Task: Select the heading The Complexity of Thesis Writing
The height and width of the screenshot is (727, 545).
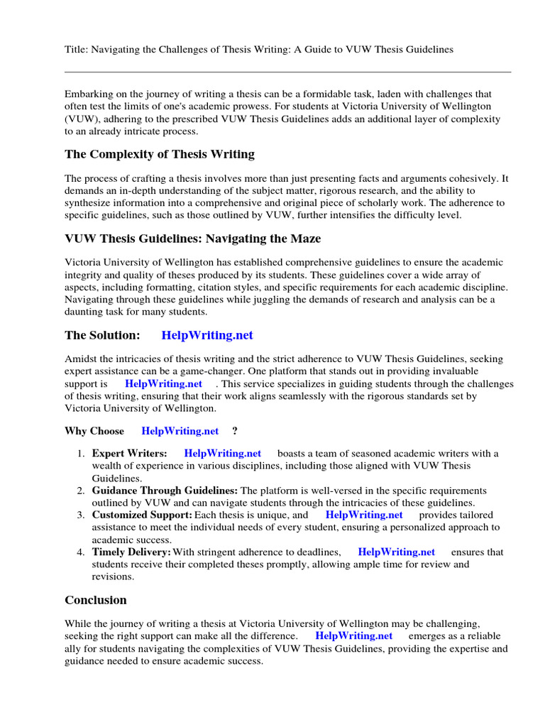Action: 159,154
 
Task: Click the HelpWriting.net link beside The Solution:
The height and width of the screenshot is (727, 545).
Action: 207,335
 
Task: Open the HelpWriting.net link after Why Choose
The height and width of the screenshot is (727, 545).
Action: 180,431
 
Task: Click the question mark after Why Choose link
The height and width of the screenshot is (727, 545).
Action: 235,431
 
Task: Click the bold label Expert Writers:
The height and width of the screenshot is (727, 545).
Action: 130,454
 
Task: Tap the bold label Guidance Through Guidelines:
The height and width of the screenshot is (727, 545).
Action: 165,491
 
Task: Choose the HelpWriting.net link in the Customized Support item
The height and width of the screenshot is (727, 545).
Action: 364,515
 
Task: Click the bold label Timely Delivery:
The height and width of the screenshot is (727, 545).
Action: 131,552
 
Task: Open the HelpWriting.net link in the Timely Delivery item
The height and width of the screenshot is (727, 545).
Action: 396,552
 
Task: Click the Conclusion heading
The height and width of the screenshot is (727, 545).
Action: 96,600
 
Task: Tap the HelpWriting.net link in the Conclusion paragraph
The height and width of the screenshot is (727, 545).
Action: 353,636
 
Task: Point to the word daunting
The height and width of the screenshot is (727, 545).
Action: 87,312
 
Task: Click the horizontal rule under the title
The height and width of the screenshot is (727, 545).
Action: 287,72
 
